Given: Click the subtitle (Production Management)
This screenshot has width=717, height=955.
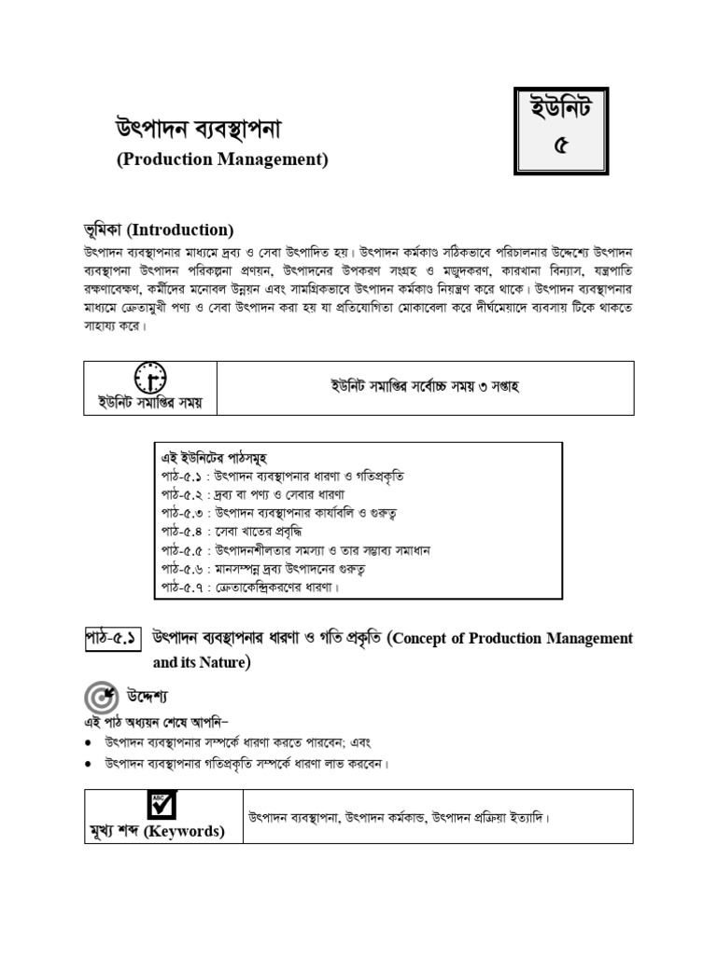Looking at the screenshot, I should (222, 159).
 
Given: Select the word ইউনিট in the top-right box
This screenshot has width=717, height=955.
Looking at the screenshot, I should (559, 114).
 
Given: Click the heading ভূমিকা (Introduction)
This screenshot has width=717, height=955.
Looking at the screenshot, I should (159, 229).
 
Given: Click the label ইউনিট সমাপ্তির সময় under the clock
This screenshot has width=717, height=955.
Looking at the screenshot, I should (150, 403).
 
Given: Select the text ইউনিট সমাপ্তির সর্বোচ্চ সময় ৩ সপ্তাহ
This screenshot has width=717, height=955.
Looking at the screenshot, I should (424, 386).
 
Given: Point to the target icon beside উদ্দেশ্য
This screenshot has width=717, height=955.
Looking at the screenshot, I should (100, 698).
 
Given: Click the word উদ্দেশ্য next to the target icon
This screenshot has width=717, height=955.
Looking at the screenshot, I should (148, 698).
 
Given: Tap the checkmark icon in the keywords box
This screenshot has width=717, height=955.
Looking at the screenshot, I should (162, 805).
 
